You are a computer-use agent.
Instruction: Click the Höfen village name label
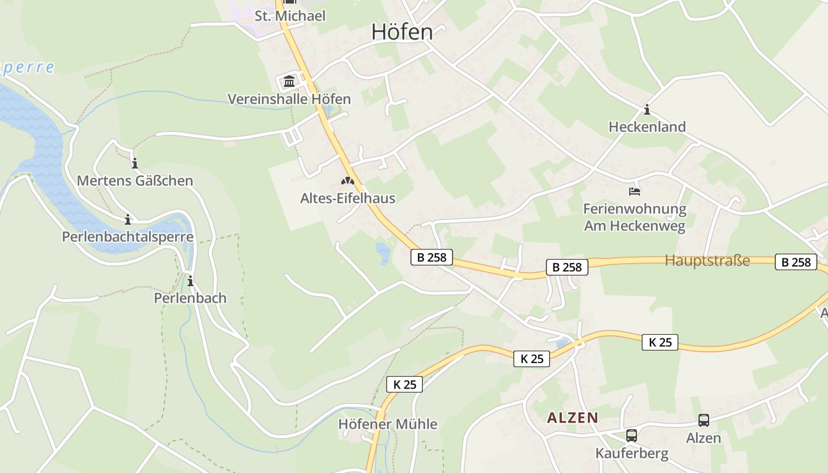[x=402, y=32]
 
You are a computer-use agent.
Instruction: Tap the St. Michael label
[x=290, y=16]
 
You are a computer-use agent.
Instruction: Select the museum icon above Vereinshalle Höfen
[x=289, y=82]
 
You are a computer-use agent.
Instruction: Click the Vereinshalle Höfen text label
[x=289, y=99]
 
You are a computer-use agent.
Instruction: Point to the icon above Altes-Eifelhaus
[x=347, y=182]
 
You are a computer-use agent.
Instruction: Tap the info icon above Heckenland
[x=646, y=110]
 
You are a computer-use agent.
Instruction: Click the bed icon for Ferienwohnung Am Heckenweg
[x=635, y=192]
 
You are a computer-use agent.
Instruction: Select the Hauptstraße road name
[x=707, y=260]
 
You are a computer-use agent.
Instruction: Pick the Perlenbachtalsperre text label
[x=128, y=237]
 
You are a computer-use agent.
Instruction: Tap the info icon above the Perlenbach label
[x=190, y=281]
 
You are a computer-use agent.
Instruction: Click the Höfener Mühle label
[x=388, y=424]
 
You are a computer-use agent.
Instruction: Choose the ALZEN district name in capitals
[x=573, y=418]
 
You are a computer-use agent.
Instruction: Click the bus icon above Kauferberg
[x=632, y=436]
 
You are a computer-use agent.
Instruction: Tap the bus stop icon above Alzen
[x=704, y=420]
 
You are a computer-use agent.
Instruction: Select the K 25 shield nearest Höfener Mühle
[x=405, y=384]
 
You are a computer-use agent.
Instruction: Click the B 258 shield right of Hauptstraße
[x=795, y=262]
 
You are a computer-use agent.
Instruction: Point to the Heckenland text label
[x=647, y=127]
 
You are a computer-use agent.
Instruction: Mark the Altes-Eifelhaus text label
[x=348, y=198]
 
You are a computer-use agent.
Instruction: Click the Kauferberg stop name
[x=632, y=453]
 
